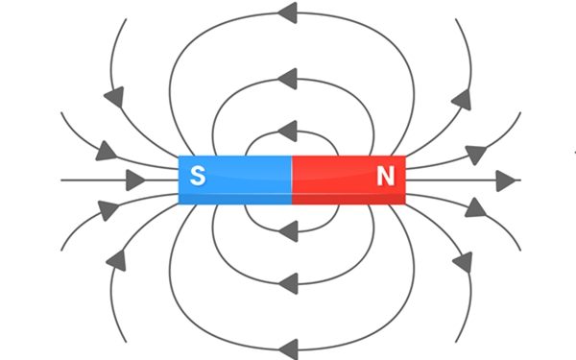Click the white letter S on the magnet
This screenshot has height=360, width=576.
pyautogui.click(x=198, y=176)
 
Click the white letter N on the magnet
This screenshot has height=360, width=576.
pyautogui.click(x=386, y=176)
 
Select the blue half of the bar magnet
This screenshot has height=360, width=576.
pyautogui.click(x=235, y=180)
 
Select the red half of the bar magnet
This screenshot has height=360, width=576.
pyautogui.click(x=349, y=180)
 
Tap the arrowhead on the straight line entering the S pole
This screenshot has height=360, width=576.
pyautogui.click(x=135, y=180)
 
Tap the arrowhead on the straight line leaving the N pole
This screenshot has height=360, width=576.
pyautogui.click(x=506, y=180)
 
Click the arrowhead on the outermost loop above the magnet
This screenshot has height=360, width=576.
pyautogui.click(x=287, y=12)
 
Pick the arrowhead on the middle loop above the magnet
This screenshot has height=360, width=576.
pyautogui.click(x=287, y=79)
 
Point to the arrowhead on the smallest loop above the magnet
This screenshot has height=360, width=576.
pyautogui.click(x=287, y=131)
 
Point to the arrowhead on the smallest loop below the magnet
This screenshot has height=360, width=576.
pyautogui.click(x=288, y=231)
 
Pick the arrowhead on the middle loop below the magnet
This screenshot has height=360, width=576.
pyautogui.click(x=288, y=283)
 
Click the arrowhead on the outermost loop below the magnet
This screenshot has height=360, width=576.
pyautogui.click(x=288, y=349)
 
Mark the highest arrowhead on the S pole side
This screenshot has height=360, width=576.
pyautogui.click(x=114, y=97)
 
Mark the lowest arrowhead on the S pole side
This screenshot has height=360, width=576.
pyautogui.click(x=117, y=261)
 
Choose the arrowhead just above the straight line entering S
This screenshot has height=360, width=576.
pyautogui.click(x=106, y=151)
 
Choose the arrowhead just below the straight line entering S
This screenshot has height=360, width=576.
pyautogui.click(x=108, y=210)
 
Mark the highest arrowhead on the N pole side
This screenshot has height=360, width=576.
pyautogui.click(x=462, y=100)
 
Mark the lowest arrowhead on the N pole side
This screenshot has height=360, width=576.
pyautogui.click(x=463, y=262)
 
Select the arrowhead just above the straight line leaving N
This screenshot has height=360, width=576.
pyautogui.click(x=476, y=155)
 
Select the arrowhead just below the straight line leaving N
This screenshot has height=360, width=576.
pyautogui.click(x=475, y=208)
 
